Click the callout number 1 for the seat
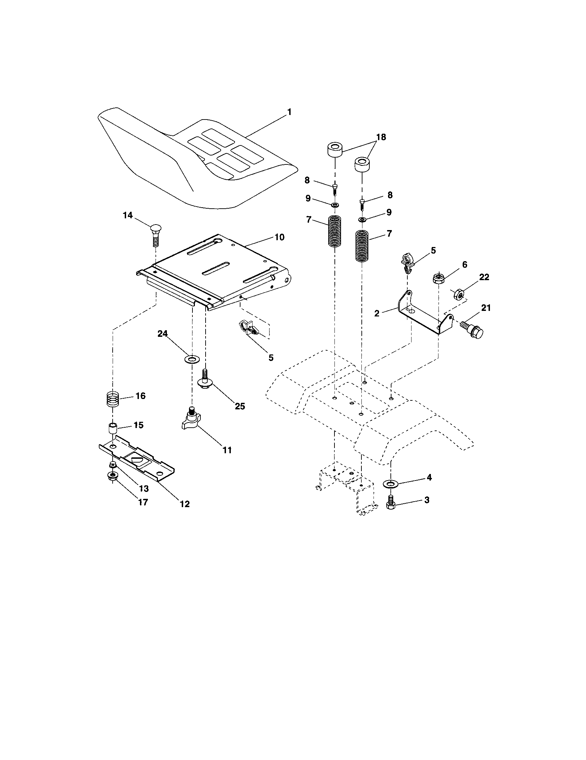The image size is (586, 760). tap(289, 112)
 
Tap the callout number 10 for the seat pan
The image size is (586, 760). tap(280, 237)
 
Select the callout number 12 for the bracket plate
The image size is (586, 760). tap(185, 504)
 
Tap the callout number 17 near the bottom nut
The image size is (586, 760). tap(143, 502)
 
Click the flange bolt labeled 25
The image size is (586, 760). tap(204, 379)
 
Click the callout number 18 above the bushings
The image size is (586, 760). tap(381, 137)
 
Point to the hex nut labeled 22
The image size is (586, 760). tap(459, 294)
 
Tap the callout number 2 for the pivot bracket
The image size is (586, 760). tap(377, 313)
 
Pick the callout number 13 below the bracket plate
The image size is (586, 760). tap(144, 488)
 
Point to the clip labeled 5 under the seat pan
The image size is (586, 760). tap(248, 328)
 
